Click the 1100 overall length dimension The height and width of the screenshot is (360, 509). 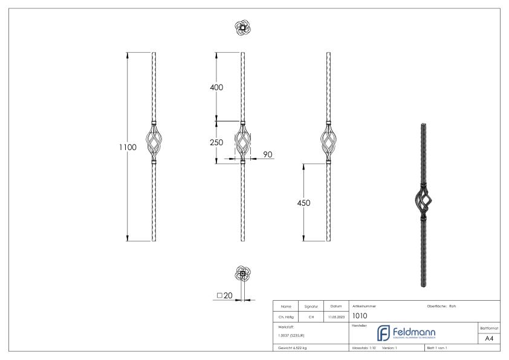(128, 147)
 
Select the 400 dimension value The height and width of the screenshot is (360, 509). (216, 87)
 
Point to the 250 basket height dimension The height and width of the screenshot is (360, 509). (216, 142)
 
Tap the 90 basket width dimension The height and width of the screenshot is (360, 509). (268, 155)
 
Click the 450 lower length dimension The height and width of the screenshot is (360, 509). (303, 203)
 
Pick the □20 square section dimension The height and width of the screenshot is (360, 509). (224, 295)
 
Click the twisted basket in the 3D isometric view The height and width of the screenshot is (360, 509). (422, 198)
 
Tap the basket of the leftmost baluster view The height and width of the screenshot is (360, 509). (154, 142)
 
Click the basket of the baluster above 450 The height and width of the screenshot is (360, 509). (329, 142)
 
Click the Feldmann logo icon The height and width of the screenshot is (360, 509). (383, 333)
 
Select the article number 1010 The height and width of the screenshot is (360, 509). (360, 315)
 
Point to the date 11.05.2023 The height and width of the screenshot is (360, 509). (336, 316)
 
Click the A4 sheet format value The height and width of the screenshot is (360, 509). (490, 339)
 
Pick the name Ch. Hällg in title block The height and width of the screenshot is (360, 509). (286, 316)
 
